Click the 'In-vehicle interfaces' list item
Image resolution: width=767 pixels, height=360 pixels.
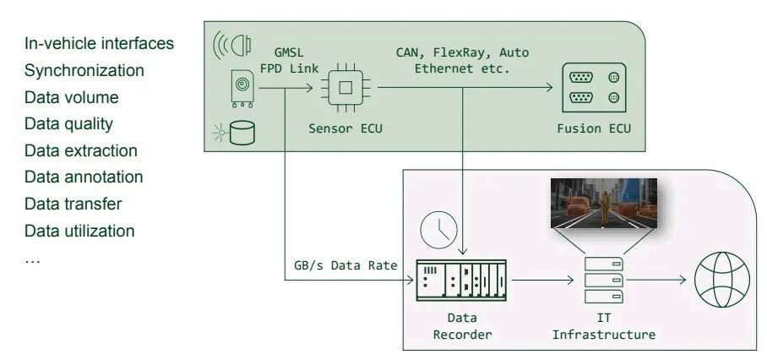coord(99,43)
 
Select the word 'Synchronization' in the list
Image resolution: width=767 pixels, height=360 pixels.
coord(84,70)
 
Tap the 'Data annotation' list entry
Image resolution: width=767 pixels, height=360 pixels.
coord(84,177)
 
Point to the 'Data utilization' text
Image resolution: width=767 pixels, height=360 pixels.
coord(79,231)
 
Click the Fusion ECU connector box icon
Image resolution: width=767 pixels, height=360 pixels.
coord(594,88)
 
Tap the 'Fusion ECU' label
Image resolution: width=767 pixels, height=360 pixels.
coord(594,128)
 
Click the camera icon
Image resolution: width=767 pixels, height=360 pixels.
coord(242,88)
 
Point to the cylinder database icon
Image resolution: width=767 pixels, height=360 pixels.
coord(242,132)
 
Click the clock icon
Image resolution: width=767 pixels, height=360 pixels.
coord(438,228)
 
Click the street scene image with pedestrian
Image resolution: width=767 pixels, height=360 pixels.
coord(604,203)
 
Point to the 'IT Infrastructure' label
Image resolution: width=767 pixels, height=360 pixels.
coord(604,327)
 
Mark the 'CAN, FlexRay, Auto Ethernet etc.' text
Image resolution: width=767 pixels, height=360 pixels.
coord(462,60)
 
